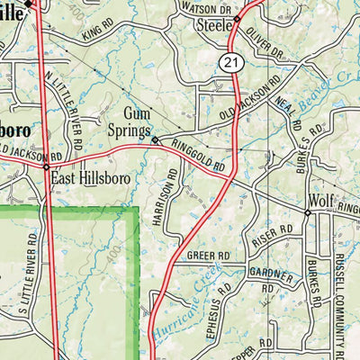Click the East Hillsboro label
(x=91, y=178)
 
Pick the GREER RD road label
(x=208, y=256)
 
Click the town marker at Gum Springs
(x=155, y=140)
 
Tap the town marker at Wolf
(x=307, y=213)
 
